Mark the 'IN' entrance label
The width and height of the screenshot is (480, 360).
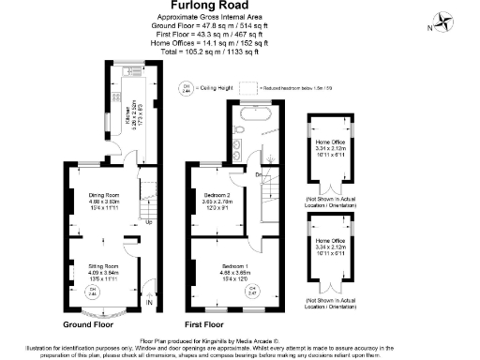pos(149,304)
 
